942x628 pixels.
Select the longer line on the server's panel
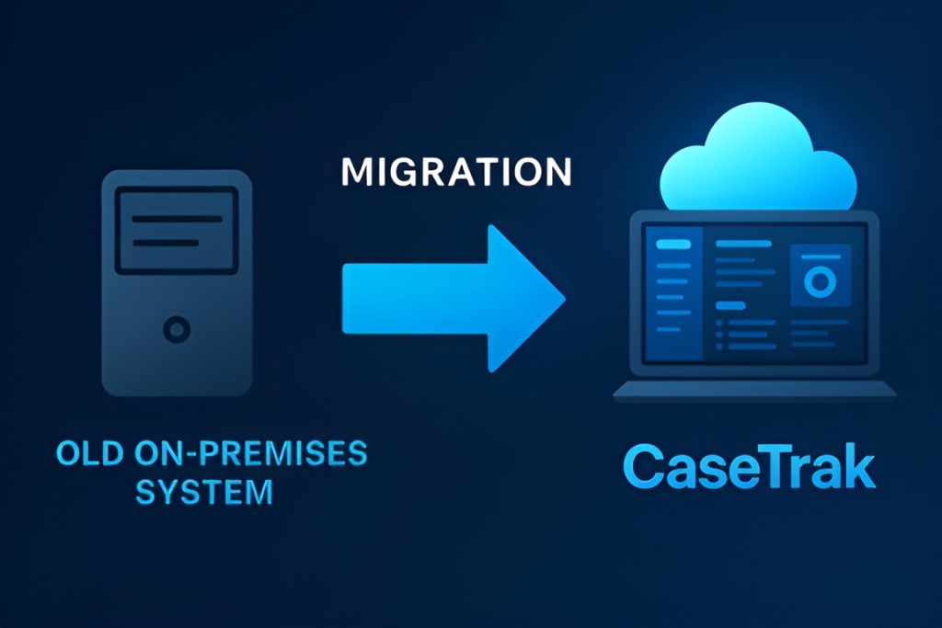(178, 219)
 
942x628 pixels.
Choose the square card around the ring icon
(818, 277)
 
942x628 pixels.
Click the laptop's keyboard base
(754, 391)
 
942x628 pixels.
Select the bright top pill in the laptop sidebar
(672, 245)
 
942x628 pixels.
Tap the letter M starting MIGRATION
(354, 173)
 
